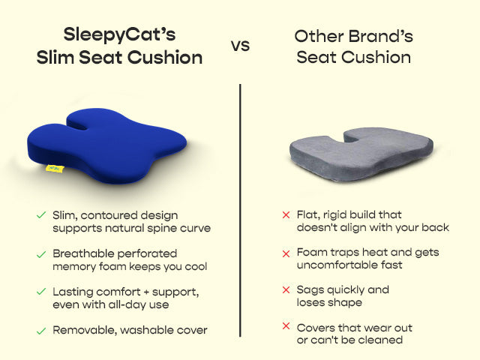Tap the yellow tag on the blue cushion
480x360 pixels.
(54, 169)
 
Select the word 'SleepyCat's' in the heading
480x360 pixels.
(120, 34)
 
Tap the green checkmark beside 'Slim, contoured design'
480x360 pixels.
(41, 215)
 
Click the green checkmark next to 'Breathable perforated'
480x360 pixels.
(41, 253)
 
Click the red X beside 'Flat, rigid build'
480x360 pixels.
(286, 215)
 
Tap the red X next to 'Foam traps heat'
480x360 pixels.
(286, 253)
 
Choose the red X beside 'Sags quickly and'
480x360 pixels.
(286, 290)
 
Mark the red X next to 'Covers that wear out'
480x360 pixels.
(286, 327)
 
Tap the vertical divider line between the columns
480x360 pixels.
(240, 210)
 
